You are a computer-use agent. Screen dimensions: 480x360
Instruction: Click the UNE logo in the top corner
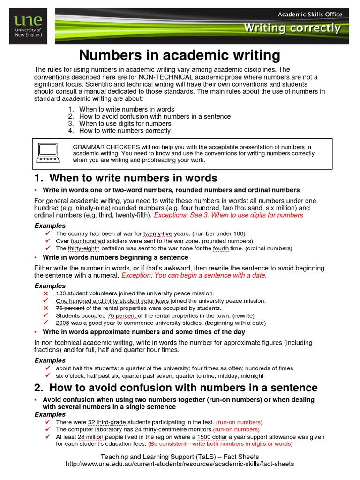point(28,26)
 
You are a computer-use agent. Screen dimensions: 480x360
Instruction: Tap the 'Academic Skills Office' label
point(310,14)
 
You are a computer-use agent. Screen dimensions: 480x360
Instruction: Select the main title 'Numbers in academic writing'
point(180,55)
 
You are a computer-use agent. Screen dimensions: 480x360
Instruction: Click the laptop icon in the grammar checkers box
point(48,153)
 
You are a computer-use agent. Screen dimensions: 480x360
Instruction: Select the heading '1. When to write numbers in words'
point(126,178)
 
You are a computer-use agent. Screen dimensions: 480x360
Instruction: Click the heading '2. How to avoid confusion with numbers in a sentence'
point(176,388)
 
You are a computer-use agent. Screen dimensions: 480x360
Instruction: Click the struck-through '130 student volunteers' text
point(86,293)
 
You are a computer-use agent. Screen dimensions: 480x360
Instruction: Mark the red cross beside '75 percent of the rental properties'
point(46,308)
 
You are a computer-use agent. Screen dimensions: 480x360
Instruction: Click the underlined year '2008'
point(63,323)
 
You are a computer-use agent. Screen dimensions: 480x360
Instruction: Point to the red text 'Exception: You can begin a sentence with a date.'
point(194,275)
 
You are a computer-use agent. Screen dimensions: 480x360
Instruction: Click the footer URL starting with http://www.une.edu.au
point(180,464)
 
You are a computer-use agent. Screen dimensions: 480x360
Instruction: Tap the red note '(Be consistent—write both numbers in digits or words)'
point(220,444)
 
